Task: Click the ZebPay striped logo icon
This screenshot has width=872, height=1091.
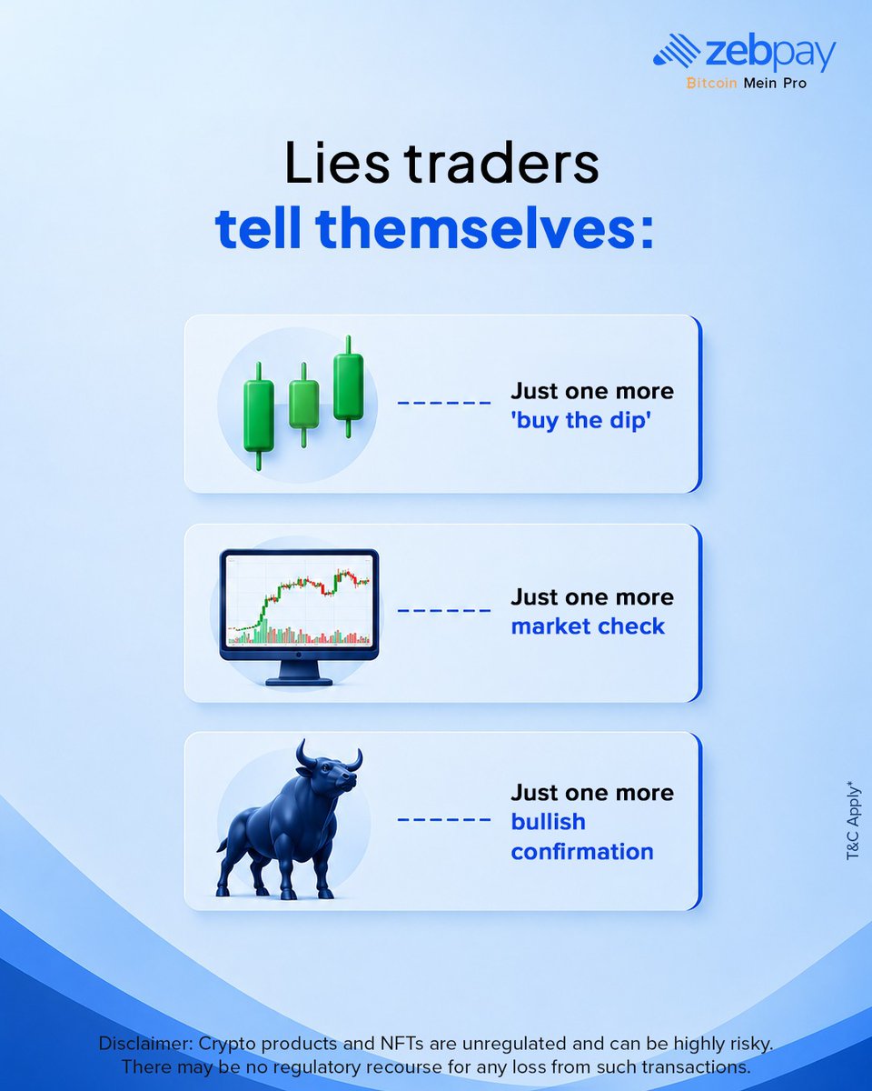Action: [677, 50]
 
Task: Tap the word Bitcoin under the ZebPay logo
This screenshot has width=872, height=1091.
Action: [711, 83]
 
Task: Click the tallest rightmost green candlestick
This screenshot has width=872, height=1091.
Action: [349, 386]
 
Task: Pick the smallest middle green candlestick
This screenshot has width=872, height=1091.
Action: [304, 405]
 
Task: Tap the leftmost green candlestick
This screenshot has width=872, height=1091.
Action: [259, 415]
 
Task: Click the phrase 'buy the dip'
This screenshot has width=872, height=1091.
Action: [580, 421]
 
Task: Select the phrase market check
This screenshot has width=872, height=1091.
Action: [588, 626]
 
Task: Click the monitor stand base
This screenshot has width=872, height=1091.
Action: [299, 681]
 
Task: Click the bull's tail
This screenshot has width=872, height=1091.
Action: [223, 844]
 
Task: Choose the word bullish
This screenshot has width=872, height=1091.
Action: [549, 822]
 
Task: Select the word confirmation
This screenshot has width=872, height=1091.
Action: [582, 852]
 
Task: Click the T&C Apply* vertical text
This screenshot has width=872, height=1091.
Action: [853, 821]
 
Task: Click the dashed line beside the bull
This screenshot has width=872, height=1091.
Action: [444, 820]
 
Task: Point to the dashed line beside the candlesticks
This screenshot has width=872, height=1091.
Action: [444, 403]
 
